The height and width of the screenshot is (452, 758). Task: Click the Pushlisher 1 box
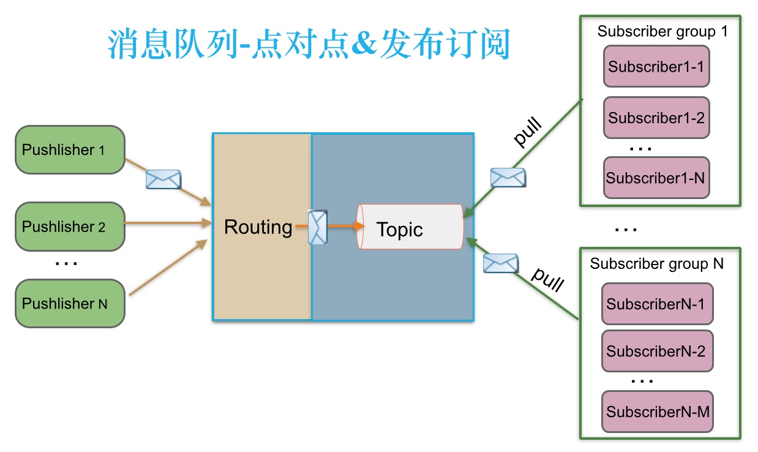point(70,150)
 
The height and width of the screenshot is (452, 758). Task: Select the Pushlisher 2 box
point(70,227)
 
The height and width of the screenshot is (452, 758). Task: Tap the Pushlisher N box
point(70,303)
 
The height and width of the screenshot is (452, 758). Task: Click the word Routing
point(258,227)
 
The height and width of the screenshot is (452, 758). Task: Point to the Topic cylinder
point(410,227)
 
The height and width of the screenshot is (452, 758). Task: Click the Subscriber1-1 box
point(656,67)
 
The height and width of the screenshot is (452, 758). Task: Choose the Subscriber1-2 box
point(656,118)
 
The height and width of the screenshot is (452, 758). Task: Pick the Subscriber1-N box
point(656,178)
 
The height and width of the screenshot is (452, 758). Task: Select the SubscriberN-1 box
point(657,303)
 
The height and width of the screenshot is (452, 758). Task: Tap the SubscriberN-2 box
point(657,351)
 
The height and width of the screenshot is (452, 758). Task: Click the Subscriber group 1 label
point(662,31)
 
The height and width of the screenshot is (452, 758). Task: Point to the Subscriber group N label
point(656,264)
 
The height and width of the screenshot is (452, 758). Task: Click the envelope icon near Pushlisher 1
point(163,179)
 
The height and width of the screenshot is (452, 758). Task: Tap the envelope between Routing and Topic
point(317,227)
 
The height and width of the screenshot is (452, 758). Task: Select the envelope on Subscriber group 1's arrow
point(508,177)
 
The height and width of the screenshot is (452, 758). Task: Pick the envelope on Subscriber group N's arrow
point(500,263)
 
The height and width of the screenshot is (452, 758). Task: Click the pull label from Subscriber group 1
point(527,132)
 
